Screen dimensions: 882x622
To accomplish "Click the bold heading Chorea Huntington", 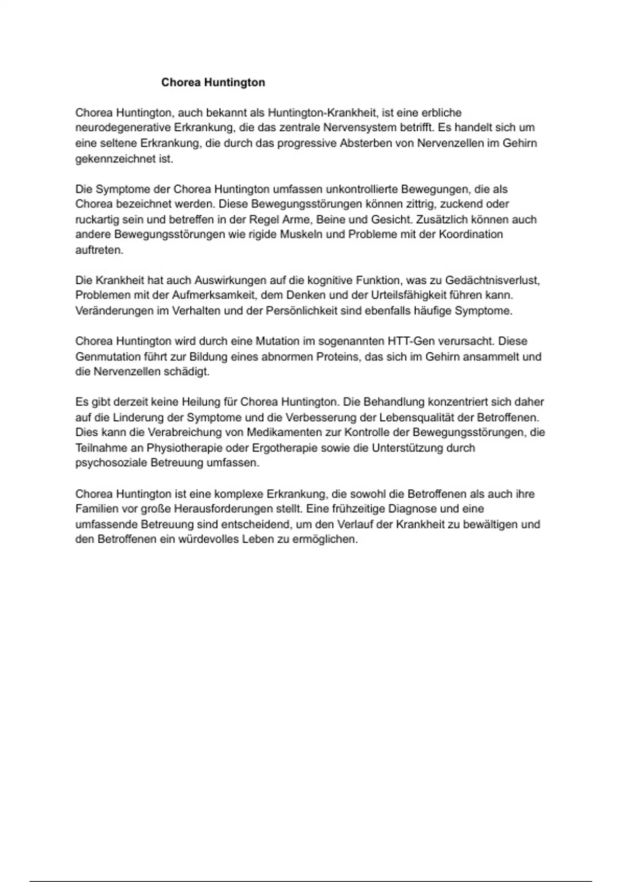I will coord(213,82).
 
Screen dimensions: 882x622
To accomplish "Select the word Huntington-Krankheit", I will coord(322,113).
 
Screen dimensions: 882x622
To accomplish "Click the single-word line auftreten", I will coord(100,250).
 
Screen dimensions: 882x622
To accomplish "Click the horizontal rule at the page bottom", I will coord(311,866).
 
